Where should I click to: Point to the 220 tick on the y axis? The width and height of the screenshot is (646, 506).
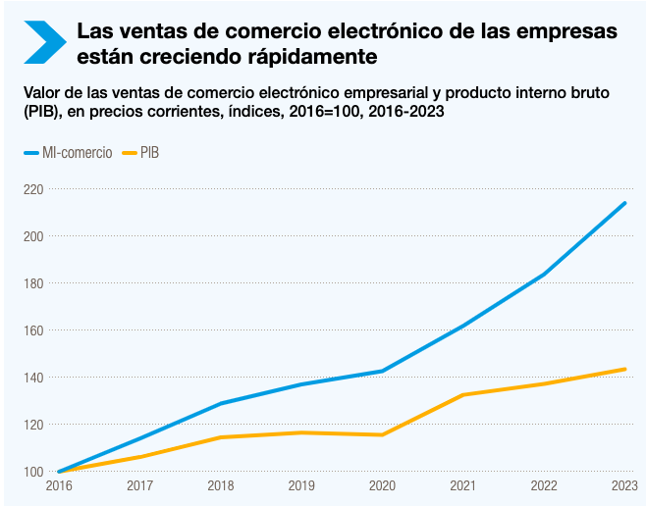32,189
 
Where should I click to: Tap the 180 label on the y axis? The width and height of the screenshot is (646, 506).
32,283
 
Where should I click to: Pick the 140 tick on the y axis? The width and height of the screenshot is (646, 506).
32,378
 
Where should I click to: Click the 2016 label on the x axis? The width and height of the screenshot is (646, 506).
59,485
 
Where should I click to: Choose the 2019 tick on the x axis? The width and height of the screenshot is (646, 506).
301,485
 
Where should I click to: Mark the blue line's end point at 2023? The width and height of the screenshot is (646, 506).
625,203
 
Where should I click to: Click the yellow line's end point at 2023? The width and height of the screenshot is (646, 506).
625,369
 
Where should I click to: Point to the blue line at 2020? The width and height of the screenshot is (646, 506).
382,372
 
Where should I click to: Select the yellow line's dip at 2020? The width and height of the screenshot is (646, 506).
382,434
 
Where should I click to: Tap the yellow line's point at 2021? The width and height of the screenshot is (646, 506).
463,395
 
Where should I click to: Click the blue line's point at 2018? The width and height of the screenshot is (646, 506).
221,403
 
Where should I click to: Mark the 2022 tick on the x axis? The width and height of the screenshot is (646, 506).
544,485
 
